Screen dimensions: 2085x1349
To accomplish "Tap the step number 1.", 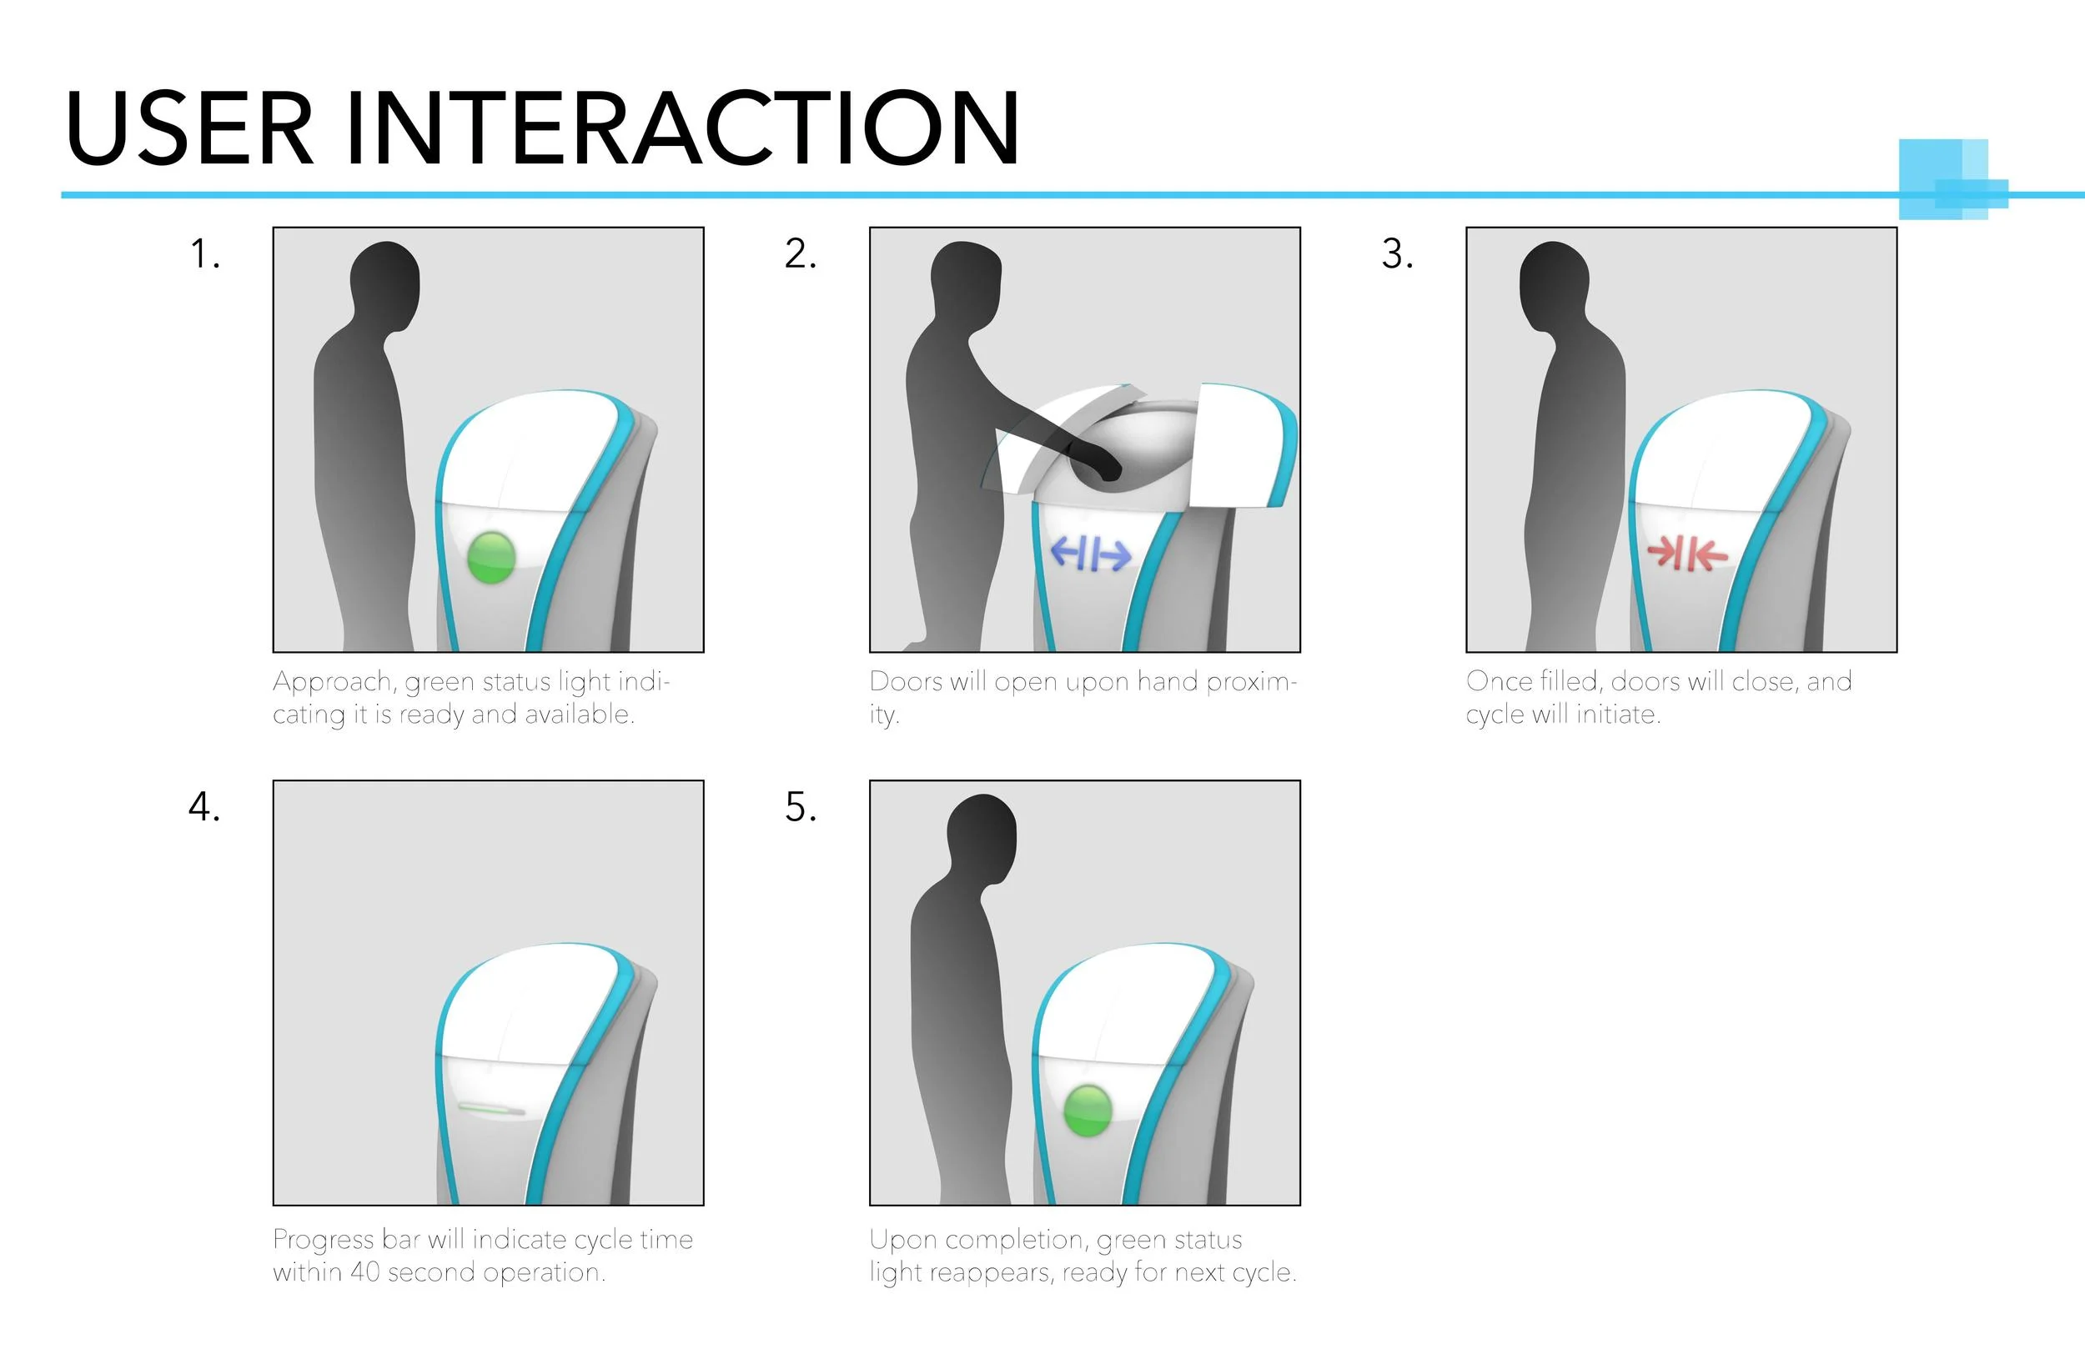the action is point(204,253).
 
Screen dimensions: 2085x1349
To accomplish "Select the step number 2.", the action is point(800,253).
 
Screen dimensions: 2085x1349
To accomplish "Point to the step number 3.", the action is point(1397,253).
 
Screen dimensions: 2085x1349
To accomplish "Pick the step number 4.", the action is point(204,806).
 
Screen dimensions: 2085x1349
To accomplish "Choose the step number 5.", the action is point(800,806).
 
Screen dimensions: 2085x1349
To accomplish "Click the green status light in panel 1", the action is point(491,557).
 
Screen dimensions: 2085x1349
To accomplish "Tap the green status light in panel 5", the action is point(1088,1110).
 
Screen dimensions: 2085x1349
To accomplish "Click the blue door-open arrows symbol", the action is point(1091,554).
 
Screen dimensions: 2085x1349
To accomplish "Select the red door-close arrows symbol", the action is point(1687,554).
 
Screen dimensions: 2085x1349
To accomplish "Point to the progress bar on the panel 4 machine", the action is point(491,1109).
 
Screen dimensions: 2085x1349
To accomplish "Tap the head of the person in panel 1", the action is point(384,280).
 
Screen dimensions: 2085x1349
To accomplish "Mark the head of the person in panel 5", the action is point(982,835).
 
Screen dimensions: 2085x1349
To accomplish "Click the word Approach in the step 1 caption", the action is point(332,682).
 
